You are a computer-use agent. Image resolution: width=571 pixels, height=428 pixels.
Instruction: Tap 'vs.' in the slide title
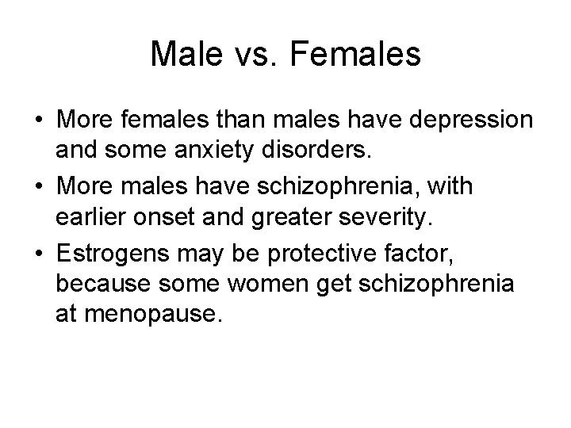(263, 55)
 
